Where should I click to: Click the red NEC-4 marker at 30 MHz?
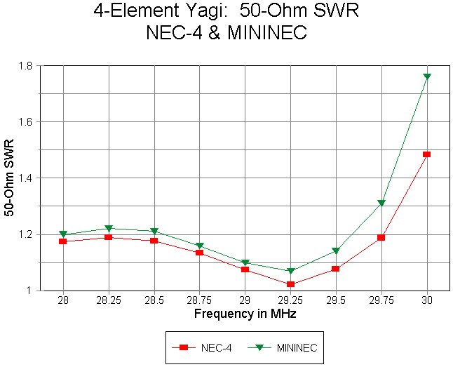tap(426, 154)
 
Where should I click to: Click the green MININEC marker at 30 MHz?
tap(426, 76)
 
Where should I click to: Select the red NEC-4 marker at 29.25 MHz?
tap(290, 284)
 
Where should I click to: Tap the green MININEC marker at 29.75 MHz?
tap(381, 203)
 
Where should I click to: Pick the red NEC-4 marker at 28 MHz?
tap(63, 241)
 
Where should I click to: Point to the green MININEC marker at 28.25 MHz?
tap(109, 229)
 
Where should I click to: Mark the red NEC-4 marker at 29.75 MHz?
tap(381, 237)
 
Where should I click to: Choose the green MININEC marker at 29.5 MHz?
tap(336, 251)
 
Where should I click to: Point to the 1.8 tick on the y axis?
tap(31, 66)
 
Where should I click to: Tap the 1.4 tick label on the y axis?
tap(31, 178)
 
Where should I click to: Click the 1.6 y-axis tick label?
tap(31, 122)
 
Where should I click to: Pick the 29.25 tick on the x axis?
tap(290, 300)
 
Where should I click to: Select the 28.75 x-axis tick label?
tap(199, 300)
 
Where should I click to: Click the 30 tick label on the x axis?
tap(426, 300)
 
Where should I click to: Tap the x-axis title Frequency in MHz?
tap(245, 314)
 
